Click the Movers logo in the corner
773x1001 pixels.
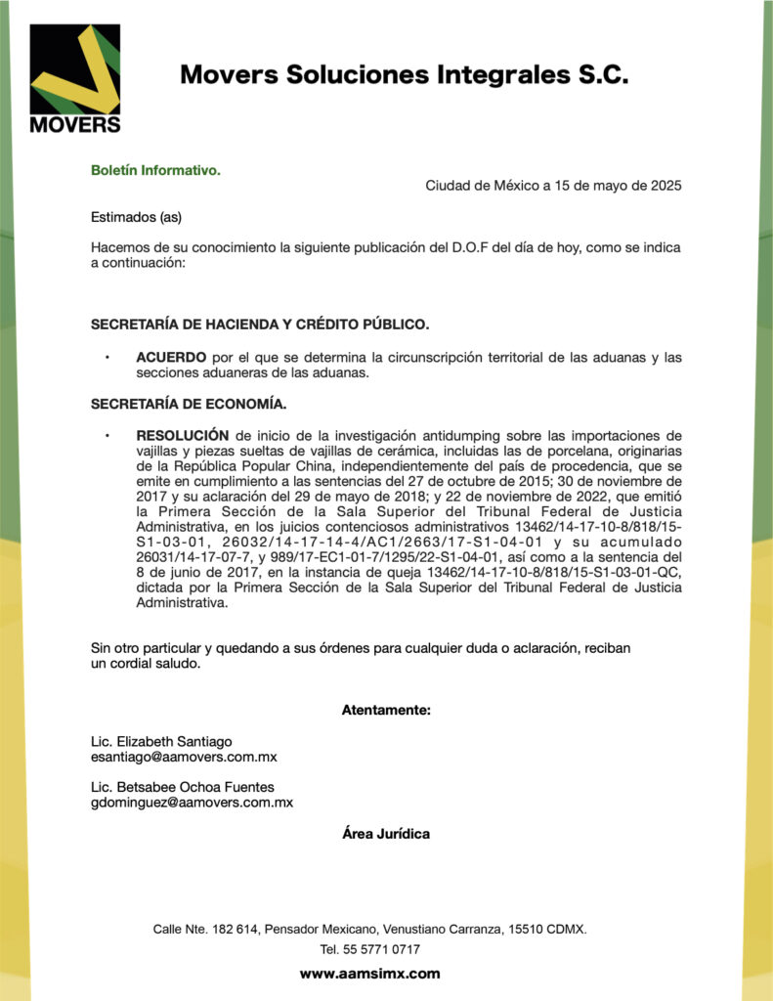tap(75, 78)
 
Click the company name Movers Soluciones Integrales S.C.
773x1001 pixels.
tap(404, 75)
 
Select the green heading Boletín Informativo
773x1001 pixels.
tap(155, 170)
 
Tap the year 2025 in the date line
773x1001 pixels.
tap(664, 186)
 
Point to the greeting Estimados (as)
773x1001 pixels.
tap(136, 217)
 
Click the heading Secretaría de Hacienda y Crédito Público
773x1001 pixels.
tap(259, 324)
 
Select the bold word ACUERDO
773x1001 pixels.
tap(171, 358)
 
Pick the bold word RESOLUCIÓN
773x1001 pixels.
tap(183, 435)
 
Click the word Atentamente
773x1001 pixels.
tap(386, 710)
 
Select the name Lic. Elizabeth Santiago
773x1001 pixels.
tap(161, 741)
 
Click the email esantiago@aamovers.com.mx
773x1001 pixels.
tap(184, 757)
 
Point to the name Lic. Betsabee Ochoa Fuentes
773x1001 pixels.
tap(183, 787)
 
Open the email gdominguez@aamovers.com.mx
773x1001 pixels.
tap(192, 803)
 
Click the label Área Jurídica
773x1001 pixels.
tap(386, 834)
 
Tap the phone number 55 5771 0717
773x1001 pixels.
tap(382, 949)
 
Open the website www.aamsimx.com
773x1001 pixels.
tap(369, 974)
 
